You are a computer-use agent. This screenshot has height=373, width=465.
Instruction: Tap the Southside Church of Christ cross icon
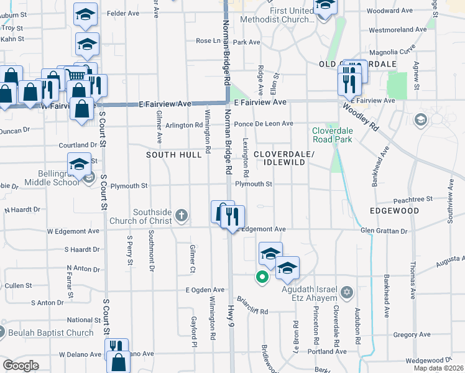pos(182,216)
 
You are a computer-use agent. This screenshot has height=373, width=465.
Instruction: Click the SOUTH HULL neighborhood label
pos(173,154)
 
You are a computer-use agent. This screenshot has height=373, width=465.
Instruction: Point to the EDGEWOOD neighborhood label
pos(394,211)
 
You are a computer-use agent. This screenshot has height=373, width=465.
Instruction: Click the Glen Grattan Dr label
pos(384,231)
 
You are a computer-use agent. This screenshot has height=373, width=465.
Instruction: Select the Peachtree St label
pos(413,199)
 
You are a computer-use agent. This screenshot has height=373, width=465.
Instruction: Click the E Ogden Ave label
pos(205,290)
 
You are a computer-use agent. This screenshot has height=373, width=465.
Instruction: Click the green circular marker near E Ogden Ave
pos(262,277)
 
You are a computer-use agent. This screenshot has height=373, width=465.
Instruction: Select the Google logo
pos(21,365)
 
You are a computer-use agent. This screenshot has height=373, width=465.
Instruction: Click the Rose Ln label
pos(208,41)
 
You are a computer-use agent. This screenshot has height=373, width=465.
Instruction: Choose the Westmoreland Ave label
pos(397,29)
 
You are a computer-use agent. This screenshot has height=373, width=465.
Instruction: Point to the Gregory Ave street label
pos(412,334)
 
